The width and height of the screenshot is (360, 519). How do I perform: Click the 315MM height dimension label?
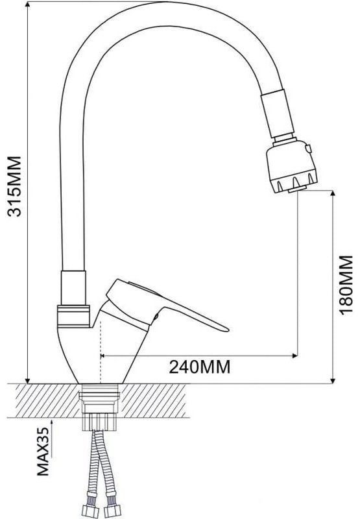(14, 186)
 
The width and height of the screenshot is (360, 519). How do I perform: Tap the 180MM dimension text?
(346, 285)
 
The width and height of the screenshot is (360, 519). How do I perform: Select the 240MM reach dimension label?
(200, 367)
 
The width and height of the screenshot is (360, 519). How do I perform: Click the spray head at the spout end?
(292, 167)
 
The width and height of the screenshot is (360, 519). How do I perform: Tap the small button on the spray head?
(309, 149)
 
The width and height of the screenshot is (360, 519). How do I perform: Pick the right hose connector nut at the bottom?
(112, 511)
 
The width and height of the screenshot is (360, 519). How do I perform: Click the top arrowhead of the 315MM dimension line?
(27, 5)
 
